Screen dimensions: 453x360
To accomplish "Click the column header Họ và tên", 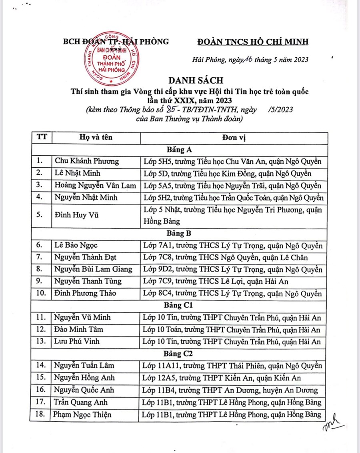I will [95, 137].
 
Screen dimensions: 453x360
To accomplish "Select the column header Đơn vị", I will [233, 138].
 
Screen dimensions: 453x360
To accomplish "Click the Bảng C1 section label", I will [179, 306].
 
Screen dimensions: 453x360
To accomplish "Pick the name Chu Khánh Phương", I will [87, 161].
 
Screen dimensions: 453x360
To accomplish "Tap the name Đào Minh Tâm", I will [79, 330].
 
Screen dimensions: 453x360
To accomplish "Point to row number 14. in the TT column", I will [41, 366].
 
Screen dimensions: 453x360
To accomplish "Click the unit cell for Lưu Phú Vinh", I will [232, 342].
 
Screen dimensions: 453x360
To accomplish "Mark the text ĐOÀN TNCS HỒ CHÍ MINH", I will [254, 42].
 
